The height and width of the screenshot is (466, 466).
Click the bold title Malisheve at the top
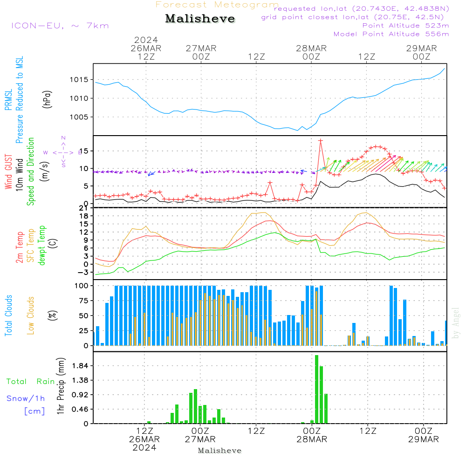[200, 19]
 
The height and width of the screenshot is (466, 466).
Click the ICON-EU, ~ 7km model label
[60, 26]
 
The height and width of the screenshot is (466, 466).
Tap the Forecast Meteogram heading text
[217, 5]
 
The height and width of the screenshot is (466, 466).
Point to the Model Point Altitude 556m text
[391, 34]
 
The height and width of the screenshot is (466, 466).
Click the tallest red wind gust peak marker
[321, 140]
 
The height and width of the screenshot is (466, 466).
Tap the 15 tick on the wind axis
[83, 151]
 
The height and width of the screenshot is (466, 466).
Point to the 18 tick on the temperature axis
[83, 216]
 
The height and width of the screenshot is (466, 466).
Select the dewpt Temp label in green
[42, 246]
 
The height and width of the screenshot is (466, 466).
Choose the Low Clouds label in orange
[31, 315]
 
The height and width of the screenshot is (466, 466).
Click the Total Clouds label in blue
[9, 315]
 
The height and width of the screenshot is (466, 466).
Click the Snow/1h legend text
[26, 398]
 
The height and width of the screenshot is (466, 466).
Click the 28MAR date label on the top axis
[311, 48]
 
